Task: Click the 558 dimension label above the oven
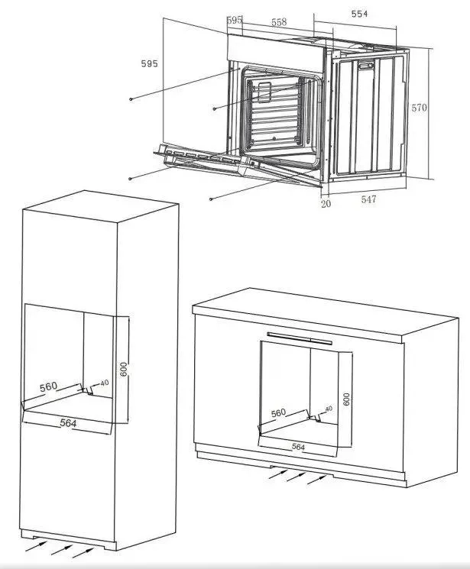279,22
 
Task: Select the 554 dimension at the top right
359,14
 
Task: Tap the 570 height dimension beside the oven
419,108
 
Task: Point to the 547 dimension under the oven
368,199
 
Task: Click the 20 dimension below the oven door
326,204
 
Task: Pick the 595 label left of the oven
149,63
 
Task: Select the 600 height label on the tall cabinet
124,369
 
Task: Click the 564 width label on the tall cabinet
68,423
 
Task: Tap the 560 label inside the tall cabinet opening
48,386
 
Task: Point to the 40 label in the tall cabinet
104,383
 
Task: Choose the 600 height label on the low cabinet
346,399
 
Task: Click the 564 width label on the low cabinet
298,447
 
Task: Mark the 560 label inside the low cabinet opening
279,413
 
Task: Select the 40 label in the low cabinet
329,409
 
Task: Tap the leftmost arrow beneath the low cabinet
278,474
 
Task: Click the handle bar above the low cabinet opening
300,338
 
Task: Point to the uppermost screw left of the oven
131,99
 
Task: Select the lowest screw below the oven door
211,199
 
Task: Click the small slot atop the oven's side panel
366,66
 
